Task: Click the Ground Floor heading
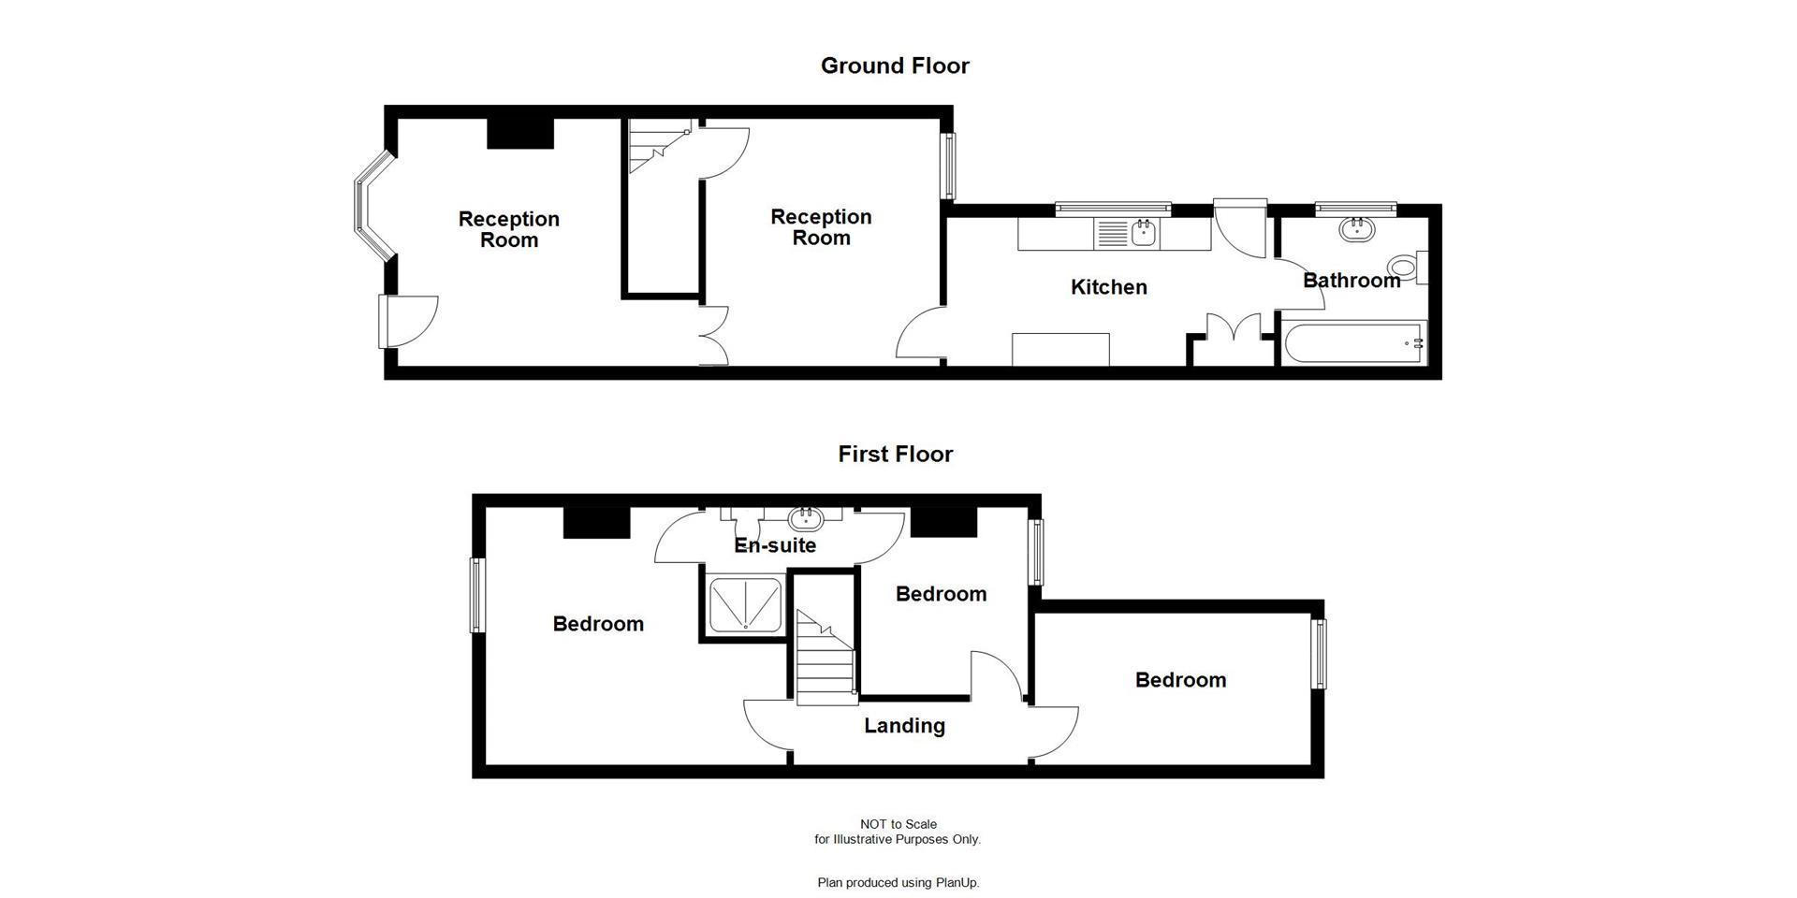click(x=895, y=65)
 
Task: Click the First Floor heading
click(x=895, y=454)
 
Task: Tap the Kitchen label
click(x=1108, y=287)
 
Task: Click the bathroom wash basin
click(x=1356, y=228)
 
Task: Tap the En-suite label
click(x=775, y=545)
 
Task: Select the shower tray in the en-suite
click(x=745, y=605)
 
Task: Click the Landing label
click(x=904, y=726)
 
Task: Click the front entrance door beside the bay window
click(x=386, y=321)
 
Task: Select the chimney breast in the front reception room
click(x=520, y=133)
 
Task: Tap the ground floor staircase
click(x=655, y=148)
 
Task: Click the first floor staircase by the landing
click(x=825, y=659)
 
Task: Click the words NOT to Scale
click(x=898, y=824)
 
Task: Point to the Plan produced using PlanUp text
click(x=898, y=882)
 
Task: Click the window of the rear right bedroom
click(x=1319, y=654)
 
